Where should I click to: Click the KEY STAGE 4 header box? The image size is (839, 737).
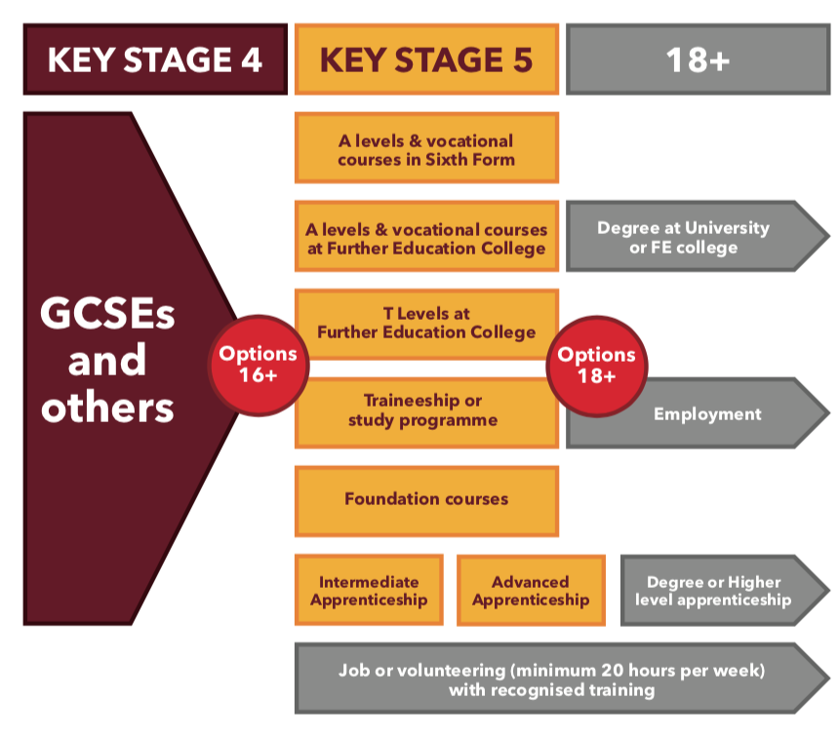point(155,60)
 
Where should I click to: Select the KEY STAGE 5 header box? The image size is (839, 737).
point(426,60)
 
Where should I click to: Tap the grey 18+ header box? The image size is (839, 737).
point(698,60)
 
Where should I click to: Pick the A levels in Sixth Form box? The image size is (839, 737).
point(426,148)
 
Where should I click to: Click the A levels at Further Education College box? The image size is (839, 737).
point(426,237)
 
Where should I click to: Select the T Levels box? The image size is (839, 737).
point(426,324)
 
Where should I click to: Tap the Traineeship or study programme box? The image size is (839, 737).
point(426,411)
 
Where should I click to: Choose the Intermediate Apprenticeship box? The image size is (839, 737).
point(369,590)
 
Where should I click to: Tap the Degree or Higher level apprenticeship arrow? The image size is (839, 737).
point(717,590)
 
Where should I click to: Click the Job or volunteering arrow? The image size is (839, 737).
point(552,679)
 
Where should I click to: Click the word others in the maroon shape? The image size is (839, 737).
point(107,407)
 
